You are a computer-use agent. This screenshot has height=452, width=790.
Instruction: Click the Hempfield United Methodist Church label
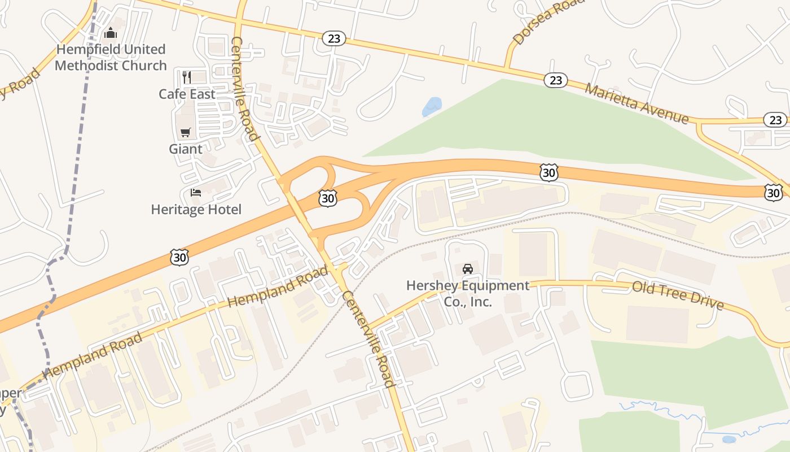coord(111,58)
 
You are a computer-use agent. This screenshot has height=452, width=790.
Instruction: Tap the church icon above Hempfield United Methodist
coord(111,33)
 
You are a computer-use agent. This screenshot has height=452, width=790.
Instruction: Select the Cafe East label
coord(187,94)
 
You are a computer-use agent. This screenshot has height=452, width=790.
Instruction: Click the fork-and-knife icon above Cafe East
coord(187,76)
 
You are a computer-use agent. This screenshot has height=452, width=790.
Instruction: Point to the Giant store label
coord(185,149)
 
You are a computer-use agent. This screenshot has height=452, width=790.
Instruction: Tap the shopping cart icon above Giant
coord(185,132)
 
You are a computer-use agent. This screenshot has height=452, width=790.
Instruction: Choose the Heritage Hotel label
coord(196,210)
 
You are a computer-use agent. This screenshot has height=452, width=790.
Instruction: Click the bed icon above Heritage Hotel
coord(196,193)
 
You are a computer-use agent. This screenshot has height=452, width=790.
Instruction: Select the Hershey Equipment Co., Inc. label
coord(468,293)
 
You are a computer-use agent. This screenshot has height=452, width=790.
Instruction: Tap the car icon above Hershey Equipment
coord(468,268)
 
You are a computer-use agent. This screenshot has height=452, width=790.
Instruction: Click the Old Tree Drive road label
coord(678,295)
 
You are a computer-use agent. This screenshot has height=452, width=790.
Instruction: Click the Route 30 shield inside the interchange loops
coord(328,197)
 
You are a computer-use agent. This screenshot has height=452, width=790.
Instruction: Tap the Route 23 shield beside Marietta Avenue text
coord(556,80)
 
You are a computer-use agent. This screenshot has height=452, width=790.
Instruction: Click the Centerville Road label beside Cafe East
coord(245,89)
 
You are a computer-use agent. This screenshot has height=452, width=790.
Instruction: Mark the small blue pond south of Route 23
coord(432,106)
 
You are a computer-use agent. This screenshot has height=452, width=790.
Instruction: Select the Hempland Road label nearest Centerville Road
coord(278,286)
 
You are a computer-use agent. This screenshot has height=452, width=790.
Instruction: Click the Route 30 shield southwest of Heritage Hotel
coord(179,258)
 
